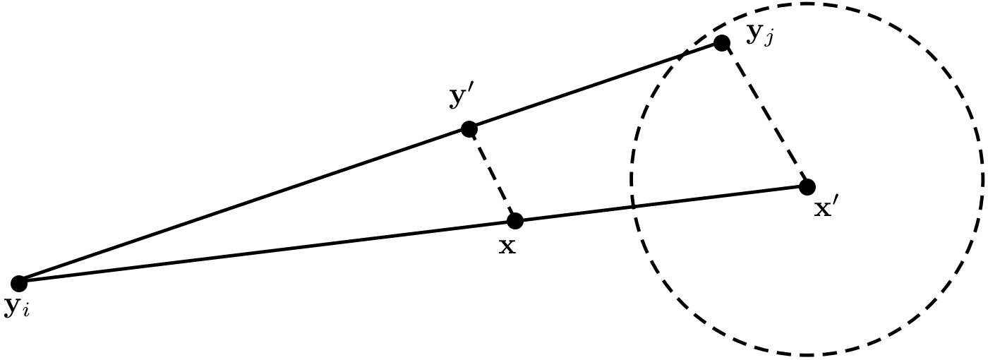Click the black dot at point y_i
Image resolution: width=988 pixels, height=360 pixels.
coord(19,283)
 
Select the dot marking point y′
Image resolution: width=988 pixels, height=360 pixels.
coord(469,128)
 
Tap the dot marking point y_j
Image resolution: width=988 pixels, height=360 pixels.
coord(721,43)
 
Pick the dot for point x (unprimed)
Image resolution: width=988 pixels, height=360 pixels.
coord(515,221)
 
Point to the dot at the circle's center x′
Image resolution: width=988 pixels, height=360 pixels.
coord(807,186)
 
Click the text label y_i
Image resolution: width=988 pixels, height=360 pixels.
coord(16,308)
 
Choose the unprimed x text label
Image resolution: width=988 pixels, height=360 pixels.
coord(507,246)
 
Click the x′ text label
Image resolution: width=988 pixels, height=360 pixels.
coord(826,209)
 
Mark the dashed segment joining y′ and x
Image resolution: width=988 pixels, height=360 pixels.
coord(492,175)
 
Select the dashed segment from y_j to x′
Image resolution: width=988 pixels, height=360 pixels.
coord(764,115)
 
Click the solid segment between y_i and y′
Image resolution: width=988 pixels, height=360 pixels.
coord(243,206)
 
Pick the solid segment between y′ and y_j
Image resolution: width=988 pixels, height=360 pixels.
coord(595,86)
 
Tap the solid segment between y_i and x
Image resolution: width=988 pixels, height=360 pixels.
coord(267,252)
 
